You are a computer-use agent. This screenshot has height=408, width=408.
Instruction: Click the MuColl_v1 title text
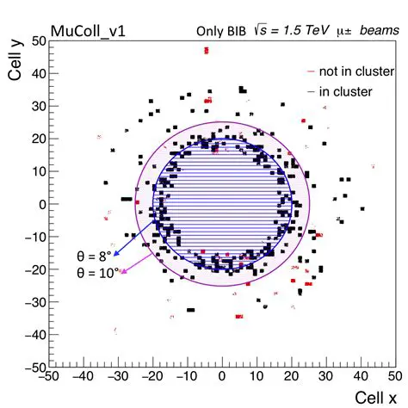tap(88, 31)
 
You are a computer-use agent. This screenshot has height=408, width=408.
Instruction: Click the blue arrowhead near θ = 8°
tap(116, 256)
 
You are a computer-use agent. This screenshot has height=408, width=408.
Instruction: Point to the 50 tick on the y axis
tap(38, 40)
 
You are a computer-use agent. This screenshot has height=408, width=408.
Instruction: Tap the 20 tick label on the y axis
tap(38, 139)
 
